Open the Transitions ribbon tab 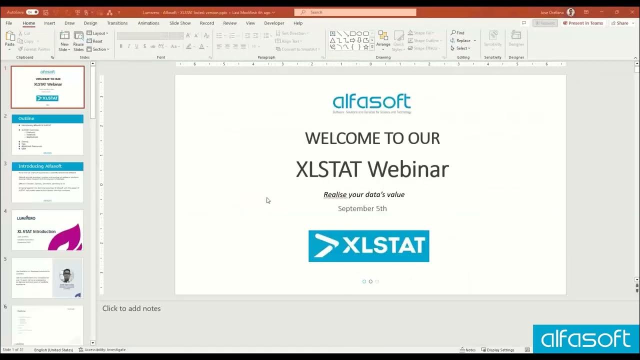point(117,23)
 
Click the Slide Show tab point(180,23)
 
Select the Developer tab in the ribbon point(274,23)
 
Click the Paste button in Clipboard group point(9,40)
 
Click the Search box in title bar point(355,12)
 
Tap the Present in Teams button point(583,23)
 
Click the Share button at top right point(619,23)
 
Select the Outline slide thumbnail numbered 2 point(47,134)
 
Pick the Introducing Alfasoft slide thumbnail point(47,182)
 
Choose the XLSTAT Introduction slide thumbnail point(47,230)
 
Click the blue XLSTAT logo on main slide point(368,246)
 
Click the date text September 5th point(362,208)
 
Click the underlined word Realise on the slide point(335,194)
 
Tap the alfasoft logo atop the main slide point(371,102)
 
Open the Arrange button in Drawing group point(383,40)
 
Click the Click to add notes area point(131,308)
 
